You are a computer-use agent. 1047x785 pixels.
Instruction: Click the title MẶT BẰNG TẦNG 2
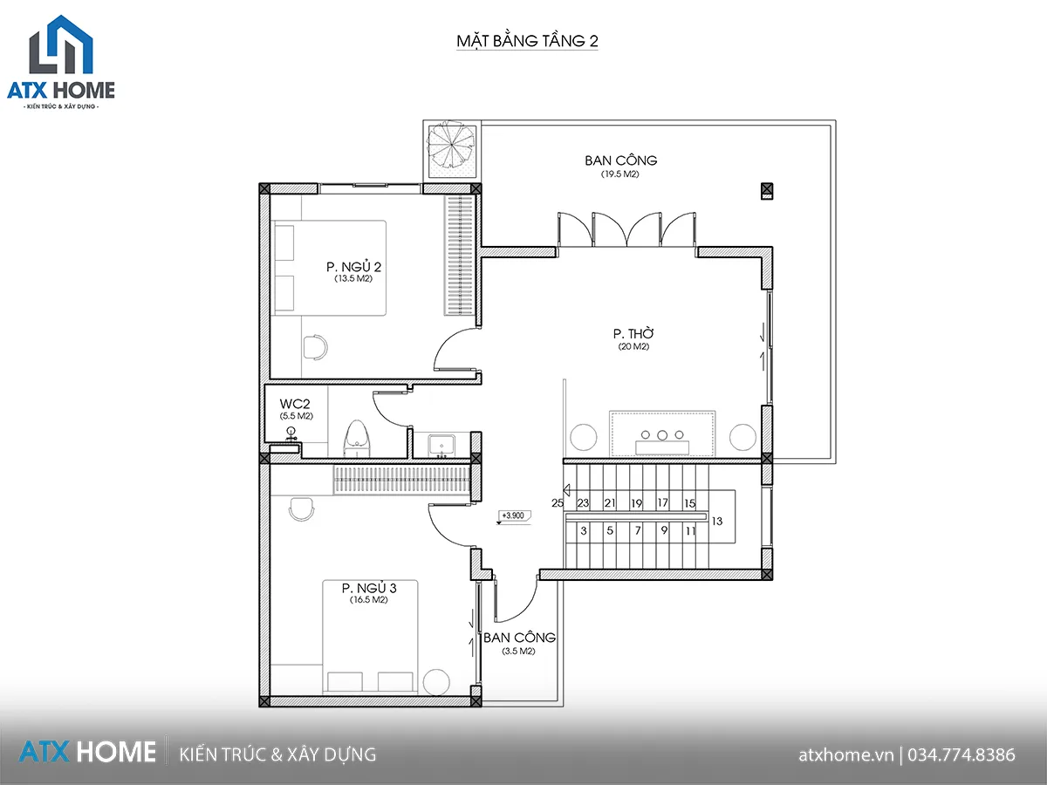(x=527, y=41)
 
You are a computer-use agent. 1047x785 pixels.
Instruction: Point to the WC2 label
(x=295, y=404)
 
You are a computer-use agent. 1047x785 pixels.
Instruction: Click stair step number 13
(x=717, y=522)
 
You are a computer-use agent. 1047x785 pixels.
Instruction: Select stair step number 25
(x=558, y=503)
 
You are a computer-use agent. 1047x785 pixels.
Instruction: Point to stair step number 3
(x=584, y=530)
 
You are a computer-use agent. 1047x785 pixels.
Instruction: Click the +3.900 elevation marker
(x=514, y=516)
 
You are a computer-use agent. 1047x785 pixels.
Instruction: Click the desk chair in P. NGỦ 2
(x=315, y=347)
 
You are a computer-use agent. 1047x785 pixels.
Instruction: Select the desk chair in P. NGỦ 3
(x=302, y=509)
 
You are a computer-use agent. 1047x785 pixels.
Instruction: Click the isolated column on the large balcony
(x=767, y=191)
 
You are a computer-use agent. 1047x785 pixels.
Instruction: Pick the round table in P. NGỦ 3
(x=436, y=682)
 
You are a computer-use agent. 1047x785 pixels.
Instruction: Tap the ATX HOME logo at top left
(x=61, y=62)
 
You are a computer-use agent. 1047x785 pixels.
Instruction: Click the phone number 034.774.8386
(x=961, y=755)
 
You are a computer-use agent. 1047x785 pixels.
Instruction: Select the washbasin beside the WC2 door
(x=441, y=446)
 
